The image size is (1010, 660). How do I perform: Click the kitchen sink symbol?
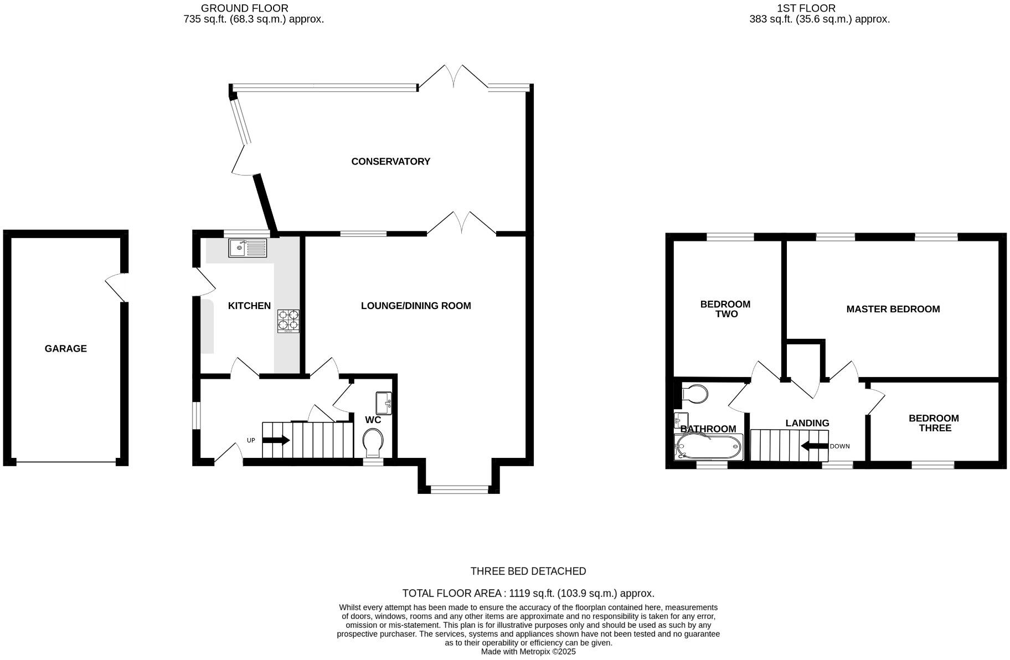(248, 248)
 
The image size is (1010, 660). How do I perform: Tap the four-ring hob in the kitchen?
(288, 321)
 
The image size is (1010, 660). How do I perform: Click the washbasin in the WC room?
(384, 403)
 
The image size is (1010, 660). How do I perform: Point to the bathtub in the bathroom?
(708, 446)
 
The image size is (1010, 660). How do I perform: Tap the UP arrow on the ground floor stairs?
(276, 441)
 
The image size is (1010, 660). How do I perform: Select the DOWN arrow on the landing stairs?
(814, 446)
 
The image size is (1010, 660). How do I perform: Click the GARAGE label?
(66, 349)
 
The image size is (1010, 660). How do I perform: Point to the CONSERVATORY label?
(390, 162)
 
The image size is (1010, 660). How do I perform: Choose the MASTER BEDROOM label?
(893, 310)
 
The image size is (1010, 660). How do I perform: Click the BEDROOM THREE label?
(934, 424)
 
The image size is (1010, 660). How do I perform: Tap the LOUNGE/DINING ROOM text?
(416, 306)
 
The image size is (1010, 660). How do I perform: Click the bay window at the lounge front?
(460, 489)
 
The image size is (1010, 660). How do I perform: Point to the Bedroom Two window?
(730, 238)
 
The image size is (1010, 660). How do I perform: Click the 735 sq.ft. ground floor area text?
(254, 19)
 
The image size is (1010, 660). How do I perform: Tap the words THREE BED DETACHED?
(528, 571)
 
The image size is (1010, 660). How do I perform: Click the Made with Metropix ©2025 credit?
(528, 652)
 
